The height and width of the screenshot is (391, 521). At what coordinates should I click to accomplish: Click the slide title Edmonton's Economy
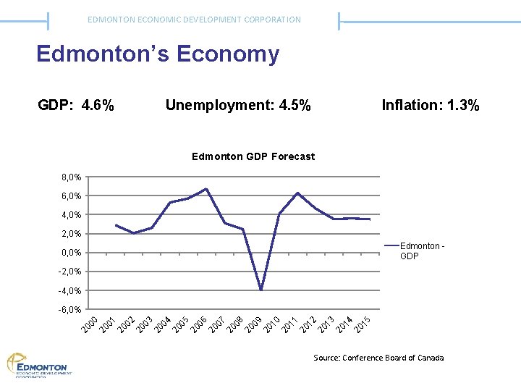click(158, 54)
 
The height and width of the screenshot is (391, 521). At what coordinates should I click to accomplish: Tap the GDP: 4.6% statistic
click(76, 106)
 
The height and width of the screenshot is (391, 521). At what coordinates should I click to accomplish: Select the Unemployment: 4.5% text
click(238, 106)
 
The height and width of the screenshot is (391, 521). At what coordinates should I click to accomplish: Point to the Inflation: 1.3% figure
click(431, 106)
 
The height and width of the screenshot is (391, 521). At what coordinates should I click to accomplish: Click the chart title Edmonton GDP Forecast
click(253, 156)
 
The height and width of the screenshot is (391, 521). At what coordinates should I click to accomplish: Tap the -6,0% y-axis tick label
click(69, 310)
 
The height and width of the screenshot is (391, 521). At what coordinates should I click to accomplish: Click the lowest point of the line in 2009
click(261, 290)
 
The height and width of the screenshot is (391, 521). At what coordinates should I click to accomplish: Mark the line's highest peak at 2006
click(207, 189)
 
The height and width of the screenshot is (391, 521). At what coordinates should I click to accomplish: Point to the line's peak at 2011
click(297, 193)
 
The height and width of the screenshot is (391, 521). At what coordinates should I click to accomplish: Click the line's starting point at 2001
click(116, 225)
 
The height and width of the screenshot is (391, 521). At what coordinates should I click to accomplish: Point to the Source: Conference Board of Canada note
click(378, 358)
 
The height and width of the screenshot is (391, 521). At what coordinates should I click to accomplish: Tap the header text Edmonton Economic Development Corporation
click(194, 20)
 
